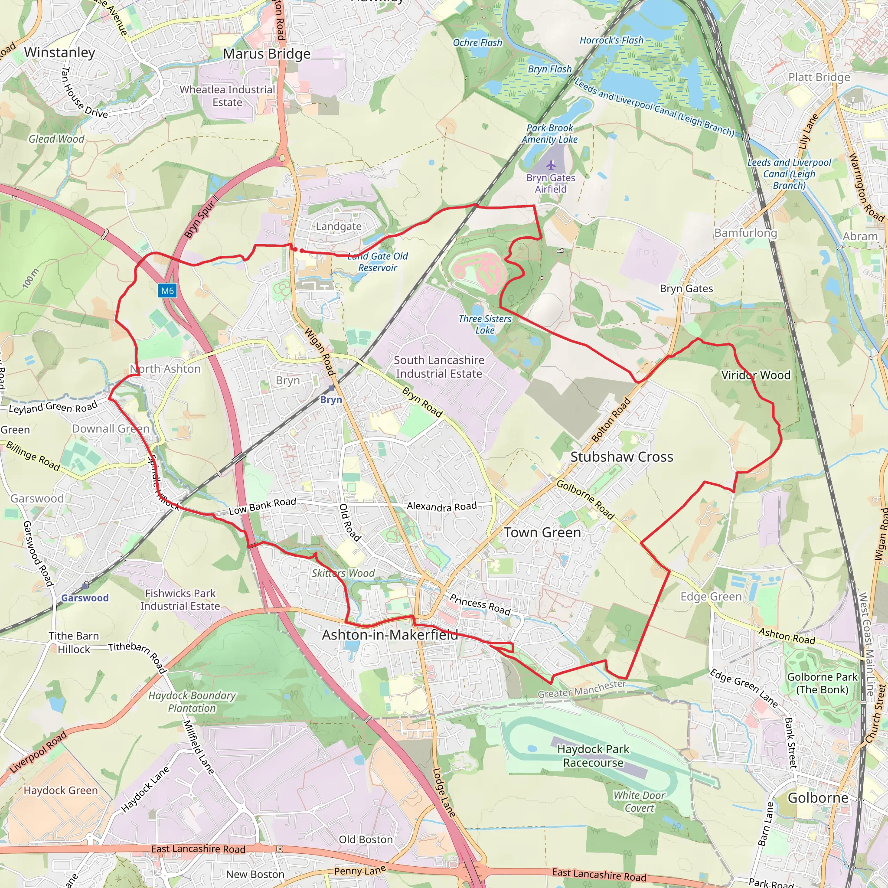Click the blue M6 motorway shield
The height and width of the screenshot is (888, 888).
[x=167, y=291]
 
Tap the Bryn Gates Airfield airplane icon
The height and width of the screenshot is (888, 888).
[x=551, y=165]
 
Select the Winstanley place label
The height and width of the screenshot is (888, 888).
[x=59, y=52]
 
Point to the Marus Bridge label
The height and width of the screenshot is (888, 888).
[x=267, y=54]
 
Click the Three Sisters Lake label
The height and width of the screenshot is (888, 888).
[x=484, y=324]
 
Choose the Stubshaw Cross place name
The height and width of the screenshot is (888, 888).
[x=621, y=457]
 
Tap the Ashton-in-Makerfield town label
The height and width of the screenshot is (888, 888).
[x=390, y=635]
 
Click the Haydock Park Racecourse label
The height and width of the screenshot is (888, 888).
[x=593, y=756]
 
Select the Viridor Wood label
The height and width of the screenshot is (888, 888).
[x=756, y=375]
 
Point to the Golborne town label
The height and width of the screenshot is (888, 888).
[x=818, y=797]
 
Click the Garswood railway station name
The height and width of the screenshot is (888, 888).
[x=85, y=598]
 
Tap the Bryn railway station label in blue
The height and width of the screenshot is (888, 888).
[x=331, y=399]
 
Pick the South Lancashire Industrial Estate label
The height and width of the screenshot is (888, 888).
[x=439, y=367]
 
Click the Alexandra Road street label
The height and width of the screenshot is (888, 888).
[x=442, y=506]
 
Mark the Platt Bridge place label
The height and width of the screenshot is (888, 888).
[x=819, y=77]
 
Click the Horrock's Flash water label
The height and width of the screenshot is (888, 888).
[x=611, y=40]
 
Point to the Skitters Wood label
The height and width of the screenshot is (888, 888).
[x=343, y=573]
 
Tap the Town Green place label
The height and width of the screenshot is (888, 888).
[x=542, y=532]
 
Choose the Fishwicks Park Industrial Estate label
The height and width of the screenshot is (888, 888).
[x=180, y=599]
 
